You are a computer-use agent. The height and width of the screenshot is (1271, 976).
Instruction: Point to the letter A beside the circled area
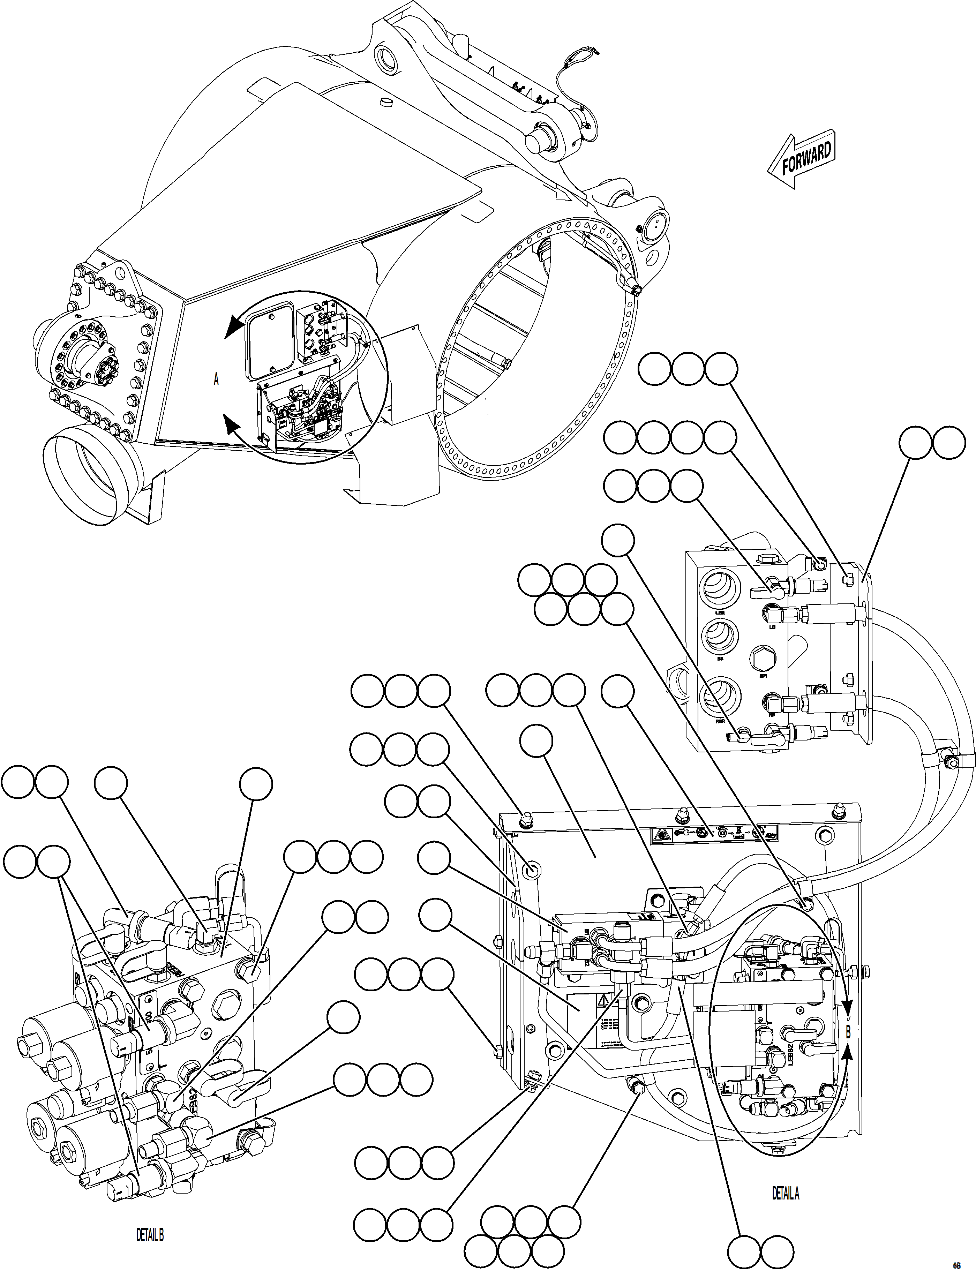point(216,380)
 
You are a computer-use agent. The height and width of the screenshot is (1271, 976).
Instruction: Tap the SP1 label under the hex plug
point(763,676)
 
